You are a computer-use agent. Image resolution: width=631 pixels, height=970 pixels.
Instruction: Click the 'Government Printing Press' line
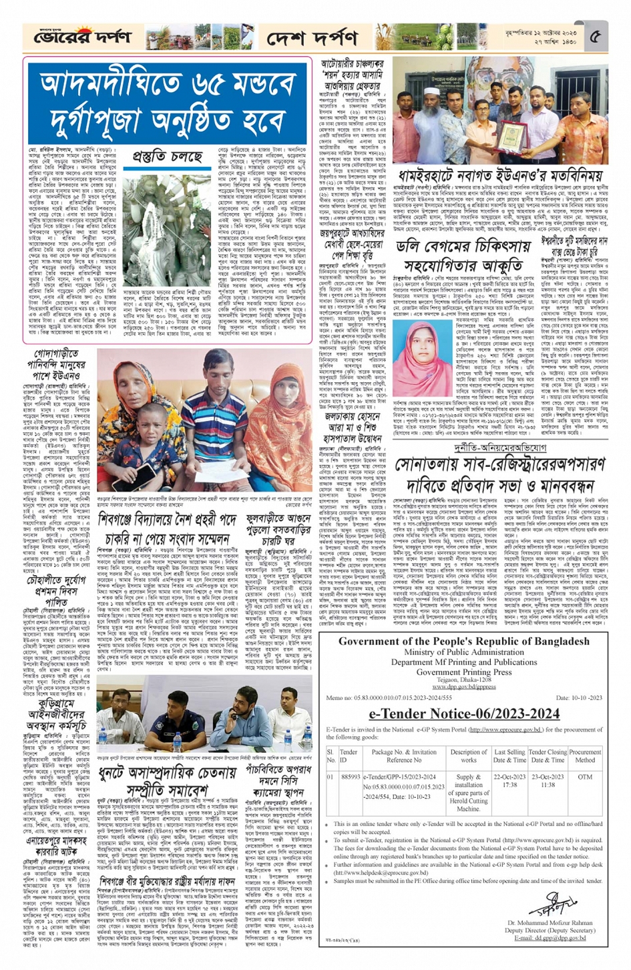point(464,672)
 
